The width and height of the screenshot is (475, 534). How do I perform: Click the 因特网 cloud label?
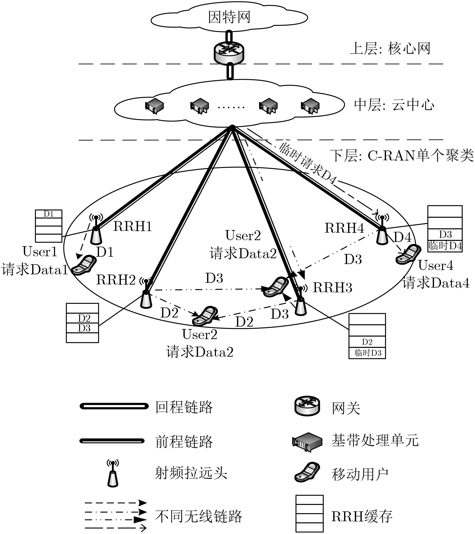click(x=229, y=17)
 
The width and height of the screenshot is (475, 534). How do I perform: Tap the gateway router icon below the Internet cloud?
click(x=229, y=52)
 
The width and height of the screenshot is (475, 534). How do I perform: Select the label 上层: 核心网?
click(x=390, y=49)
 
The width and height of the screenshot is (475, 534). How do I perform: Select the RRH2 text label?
click(x=116, y=280)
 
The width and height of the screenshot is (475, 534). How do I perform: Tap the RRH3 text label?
click(x=332, y=288)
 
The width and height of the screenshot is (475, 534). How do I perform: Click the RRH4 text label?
click(x=344, y=228)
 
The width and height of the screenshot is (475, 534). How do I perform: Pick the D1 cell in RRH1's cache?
click(x=49, y=214)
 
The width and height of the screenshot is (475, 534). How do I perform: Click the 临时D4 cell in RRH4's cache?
click(x=445, y=246)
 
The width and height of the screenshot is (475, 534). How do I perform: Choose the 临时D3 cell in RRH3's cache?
click(x=367, y=353)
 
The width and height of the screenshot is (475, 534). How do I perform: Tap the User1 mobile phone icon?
click(x=84, y=265)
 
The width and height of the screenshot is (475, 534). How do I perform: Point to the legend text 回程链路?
click(x=184, y=407)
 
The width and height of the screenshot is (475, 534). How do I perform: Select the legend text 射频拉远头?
click(x=191, y=473)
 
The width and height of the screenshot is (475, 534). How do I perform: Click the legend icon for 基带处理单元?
click(x=307, y=441)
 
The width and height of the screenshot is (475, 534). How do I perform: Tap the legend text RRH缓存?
click(x=362, y=516)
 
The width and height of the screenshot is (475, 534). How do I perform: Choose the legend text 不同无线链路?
click(x=199, y=516)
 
